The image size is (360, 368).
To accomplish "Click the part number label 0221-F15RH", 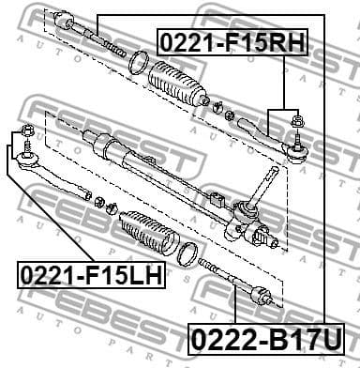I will (x=223, y=42).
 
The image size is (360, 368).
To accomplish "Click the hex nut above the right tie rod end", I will (x=297, y=120).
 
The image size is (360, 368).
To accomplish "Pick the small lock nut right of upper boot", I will (x=218, y=105).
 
